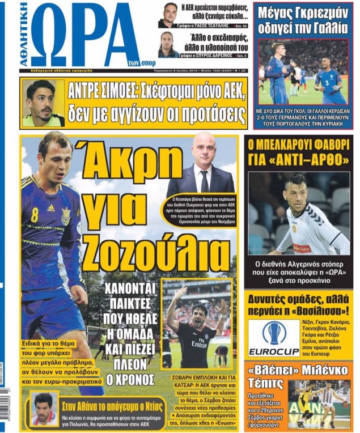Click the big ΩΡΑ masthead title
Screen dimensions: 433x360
(x=84, y=37)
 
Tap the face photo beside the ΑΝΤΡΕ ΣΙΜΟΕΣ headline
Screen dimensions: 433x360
(x=43, y=103)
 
